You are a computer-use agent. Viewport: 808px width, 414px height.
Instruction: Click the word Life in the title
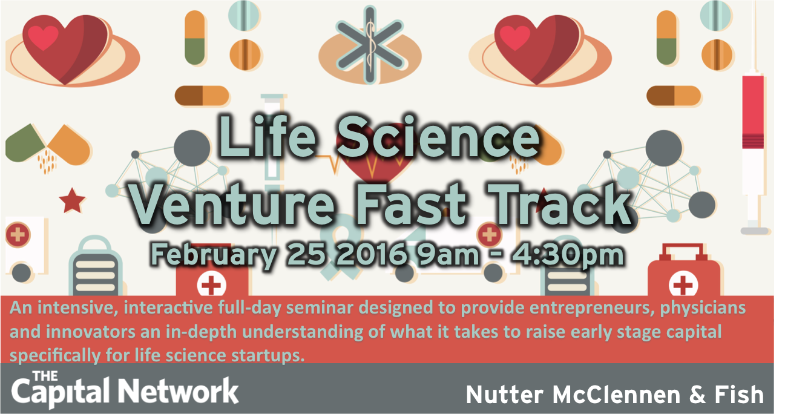point(268,136)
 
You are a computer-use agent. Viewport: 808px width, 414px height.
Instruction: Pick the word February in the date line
point(214,255)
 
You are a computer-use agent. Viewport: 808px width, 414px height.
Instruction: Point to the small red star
point(72,200)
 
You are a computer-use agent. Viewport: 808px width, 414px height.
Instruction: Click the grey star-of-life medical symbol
point(370,44)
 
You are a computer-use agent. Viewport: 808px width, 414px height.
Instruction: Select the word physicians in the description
point(703,308)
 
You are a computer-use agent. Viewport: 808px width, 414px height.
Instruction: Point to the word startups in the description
point(268,355)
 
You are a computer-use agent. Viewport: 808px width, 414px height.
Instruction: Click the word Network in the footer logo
point(179,390)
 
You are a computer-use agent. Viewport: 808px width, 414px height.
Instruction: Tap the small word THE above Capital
point(45,376)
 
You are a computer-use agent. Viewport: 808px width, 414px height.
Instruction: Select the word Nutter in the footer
point(505,395)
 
